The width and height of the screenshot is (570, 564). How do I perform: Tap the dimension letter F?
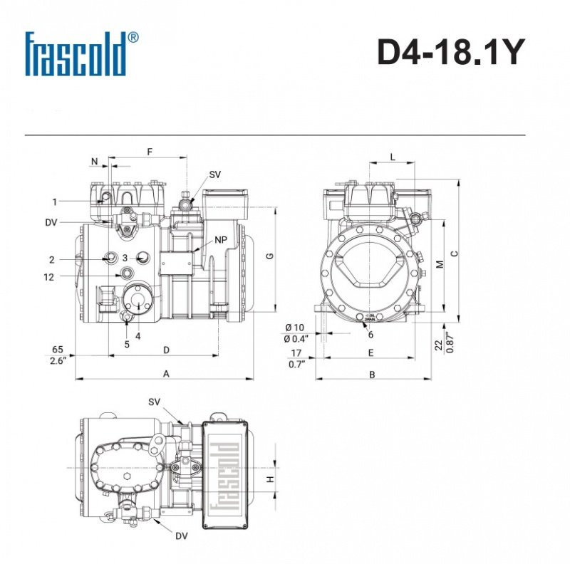coord(149,152)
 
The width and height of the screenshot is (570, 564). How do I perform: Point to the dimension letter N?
coord(95,162)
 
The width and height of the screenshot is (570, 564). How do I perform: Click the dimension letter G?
coord(269,256)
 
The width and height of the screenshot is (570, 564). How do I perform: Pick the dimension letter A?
coord(166,373)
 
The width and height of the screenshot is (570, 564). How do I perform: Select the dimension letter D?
coord(166,350)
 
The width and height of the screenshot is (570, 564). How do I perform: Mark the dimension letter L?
coord(393,157)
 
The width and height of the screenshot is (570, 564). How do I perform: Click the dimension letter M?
coord(440,264)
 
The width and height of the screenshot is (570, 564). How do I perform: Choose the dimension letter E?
coord(370,352)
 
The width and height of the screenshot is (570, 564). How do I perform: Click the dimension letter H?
coord(270,479)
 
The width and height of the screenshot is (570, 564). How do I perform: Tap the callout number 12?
coord(48,277)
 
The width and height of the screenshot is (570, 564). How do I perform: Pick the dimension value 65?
coord(58,350)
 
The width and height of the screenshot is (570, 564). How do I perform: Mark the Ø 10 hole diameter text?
coord(294,327)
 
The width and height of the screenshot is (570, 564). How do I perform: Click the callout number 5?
coord(127,344)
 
